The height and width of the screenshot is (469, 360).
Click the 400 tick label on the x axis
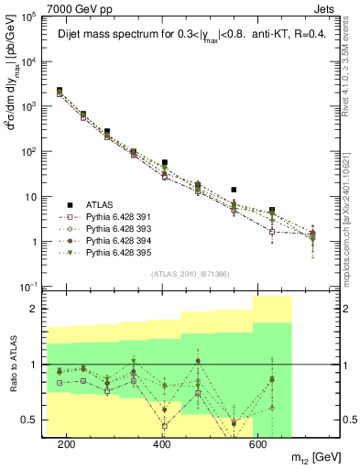(x=163, y=444)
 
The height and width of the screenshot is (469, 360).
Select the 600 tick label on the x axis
(x=260, y=444)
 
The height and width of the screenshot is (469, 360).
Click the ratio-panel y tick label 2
(x=34, y=309)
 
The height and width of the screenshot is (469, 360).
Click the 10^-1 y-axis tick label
(x=27, y=288)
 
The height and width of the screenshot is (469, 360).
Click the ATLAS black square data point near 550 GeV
(x=234, y=190)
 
